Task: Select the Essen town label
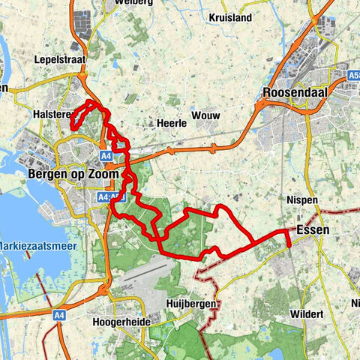312,229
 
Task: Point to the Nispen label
302,200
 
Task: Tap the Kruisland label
230,16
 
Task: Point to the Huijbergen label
191,303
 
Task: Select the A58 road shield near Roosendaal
354,75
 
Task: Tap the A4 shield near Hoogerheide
60,316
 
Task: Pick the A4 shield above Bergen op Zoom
106,155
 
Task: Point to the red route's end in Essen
288,244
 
